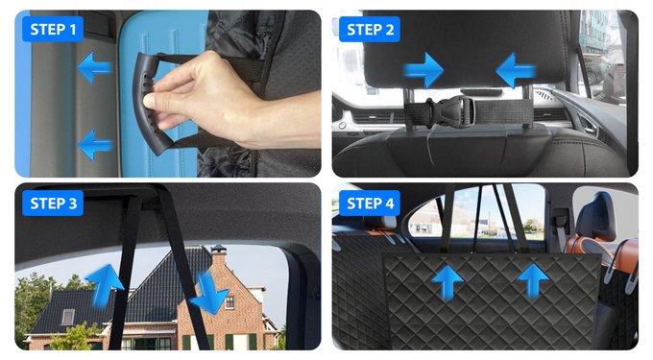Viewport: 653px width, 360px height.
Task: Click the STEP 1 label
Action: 53,30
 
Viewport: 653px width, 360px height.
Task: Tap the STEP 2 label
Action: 370,30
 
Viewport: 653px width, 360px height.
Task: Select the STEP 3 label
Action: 53,204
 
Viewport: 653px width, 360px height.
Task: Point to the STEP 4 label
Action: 370,204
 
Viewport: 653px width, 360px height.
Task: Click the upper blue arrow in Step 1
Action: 94,68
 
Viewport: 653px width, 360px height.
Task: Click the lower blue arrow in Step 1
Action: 95,145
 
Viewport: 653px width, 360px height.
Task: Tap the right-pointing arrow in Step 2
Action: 423,70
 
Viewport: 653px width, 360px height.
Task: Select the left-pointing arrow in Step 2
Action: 516,71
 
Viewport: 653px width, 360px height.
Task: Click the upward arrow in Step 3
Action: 104,286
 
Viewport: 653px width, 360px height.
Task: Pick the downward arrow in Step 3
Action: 208,294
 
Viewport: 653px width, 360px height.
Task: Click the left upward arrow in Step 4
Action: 447,281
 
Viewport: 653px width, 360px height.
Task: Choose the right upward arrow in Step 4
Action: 533,281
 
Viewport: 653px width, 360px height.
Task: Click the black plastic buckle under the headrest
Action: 449,111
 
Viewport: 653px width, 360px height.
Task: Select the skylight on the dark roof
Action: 68,317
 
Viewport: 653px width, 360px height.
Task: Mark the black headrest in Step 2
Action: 466,49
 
